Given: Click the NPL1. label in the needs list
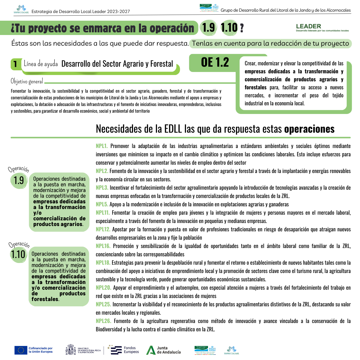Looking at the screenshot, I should [102, 146].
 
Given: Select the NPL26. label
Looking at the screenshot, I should [103, 321].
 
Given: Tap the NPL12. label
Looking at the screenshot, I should [103, 229].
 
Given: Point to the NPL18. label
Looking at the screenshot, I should [103, 263].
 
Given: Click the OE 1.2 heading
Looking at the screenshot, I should [215, 62].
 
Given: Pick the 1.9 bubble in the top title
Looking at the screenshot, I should [209, 28].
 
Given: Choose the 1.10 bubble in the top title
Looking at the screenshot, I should [229, 28].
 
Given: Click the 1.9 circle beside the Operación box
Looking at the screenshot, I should [19, 180].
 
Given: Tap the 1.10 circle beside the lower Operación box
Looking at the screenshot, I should [18, 254].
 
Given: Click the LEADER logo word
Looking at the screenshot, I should [308, 26].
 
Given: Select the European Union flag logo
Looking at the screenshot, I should [21, 350].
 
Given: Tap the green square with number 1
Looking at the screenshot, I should [15, 64].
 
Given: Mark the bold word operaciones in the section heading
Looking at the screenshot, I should [309, 129].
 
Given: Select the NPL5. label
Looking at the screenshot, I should [102, 204].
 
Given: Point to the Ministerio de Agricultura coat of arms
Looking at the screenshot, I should [71, 350].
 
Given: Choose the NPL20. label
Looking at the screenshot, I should [103, 288].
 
